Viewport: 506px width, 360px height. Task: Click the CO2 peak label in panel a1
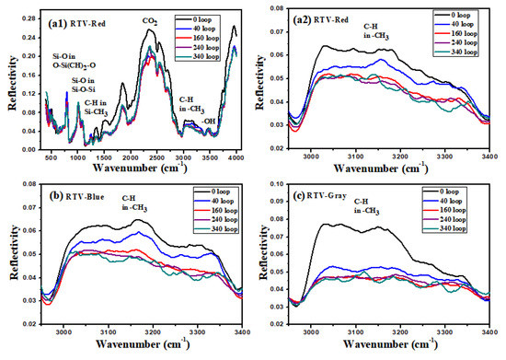148,18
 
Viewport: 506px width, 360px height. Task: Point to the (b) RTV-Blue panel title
63,201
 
